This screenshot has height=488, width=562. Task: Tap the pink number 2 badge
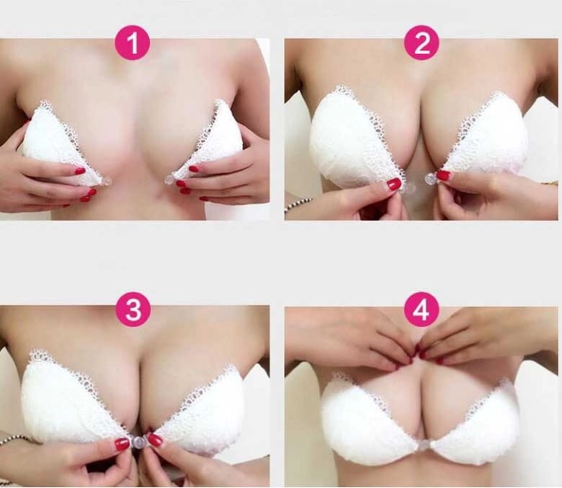(421, 45)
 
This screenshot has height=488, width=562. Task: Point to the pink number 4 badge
(422, 309)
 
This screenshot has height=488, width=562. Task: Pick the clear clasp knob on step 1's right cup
(170, 180)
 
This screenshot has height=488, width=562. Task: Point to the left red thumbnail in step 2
(393, 183)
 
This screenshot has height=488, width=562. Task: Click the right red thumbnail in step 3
(154, 439)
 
